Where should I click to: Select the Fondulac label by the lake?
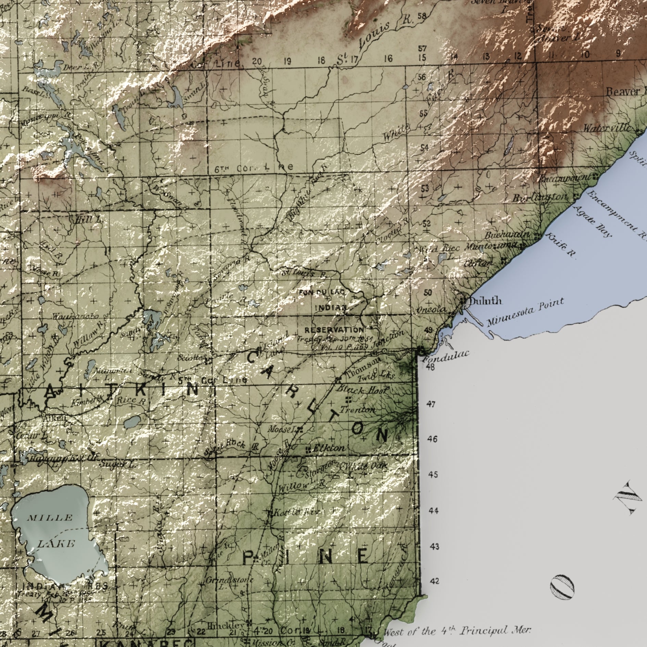(x=445, y=356)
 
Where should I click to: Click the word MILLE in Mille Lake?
(x=50, y=517)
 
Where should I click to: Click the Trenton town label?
(x=358, y=410)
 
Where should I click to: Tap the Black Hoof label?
(x=363, y=390)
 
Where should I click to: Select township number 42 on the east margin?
(x=434, y=582)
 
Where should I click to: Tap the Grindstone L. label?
(x=229, y=582)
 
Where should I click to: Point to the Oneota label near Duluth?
(x=431, y=309)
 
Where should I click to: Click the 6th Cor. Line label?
(x=254, y=168)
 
